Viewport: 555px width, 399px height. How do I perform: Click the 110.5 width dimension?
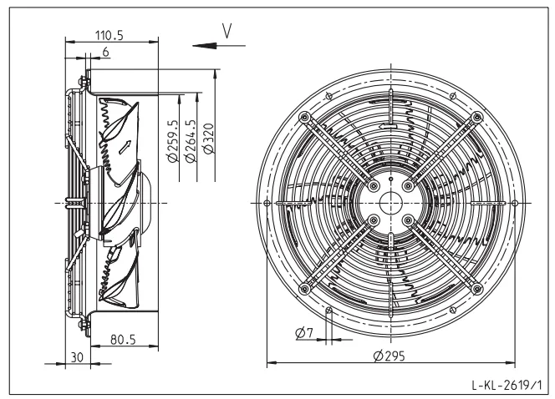tap(109, 35)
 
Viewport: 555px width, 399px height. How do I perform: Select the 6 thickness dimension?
tap(105, 53)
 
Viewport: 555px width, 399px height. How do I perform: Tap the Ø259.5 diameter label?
tap(172, 141)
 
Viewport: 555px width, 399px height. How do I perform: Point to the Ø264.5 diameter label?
tap(191, 141)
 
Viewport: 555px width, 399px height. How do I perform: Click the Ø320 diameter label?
tap(208, 139)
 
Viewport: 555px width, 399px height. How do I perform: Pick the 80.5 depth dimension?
tap(123, 340)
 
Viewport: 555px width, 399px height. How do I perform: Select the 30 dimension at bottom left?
tap(77, 357)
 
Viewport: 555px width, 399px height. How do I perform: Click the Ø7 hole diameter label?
tap(304, 333)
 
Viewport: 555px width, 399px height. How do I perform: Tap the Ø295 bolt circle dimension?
tap(389, 356)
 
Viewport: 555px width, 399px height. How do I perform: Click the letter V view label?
tap(227, 31)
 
